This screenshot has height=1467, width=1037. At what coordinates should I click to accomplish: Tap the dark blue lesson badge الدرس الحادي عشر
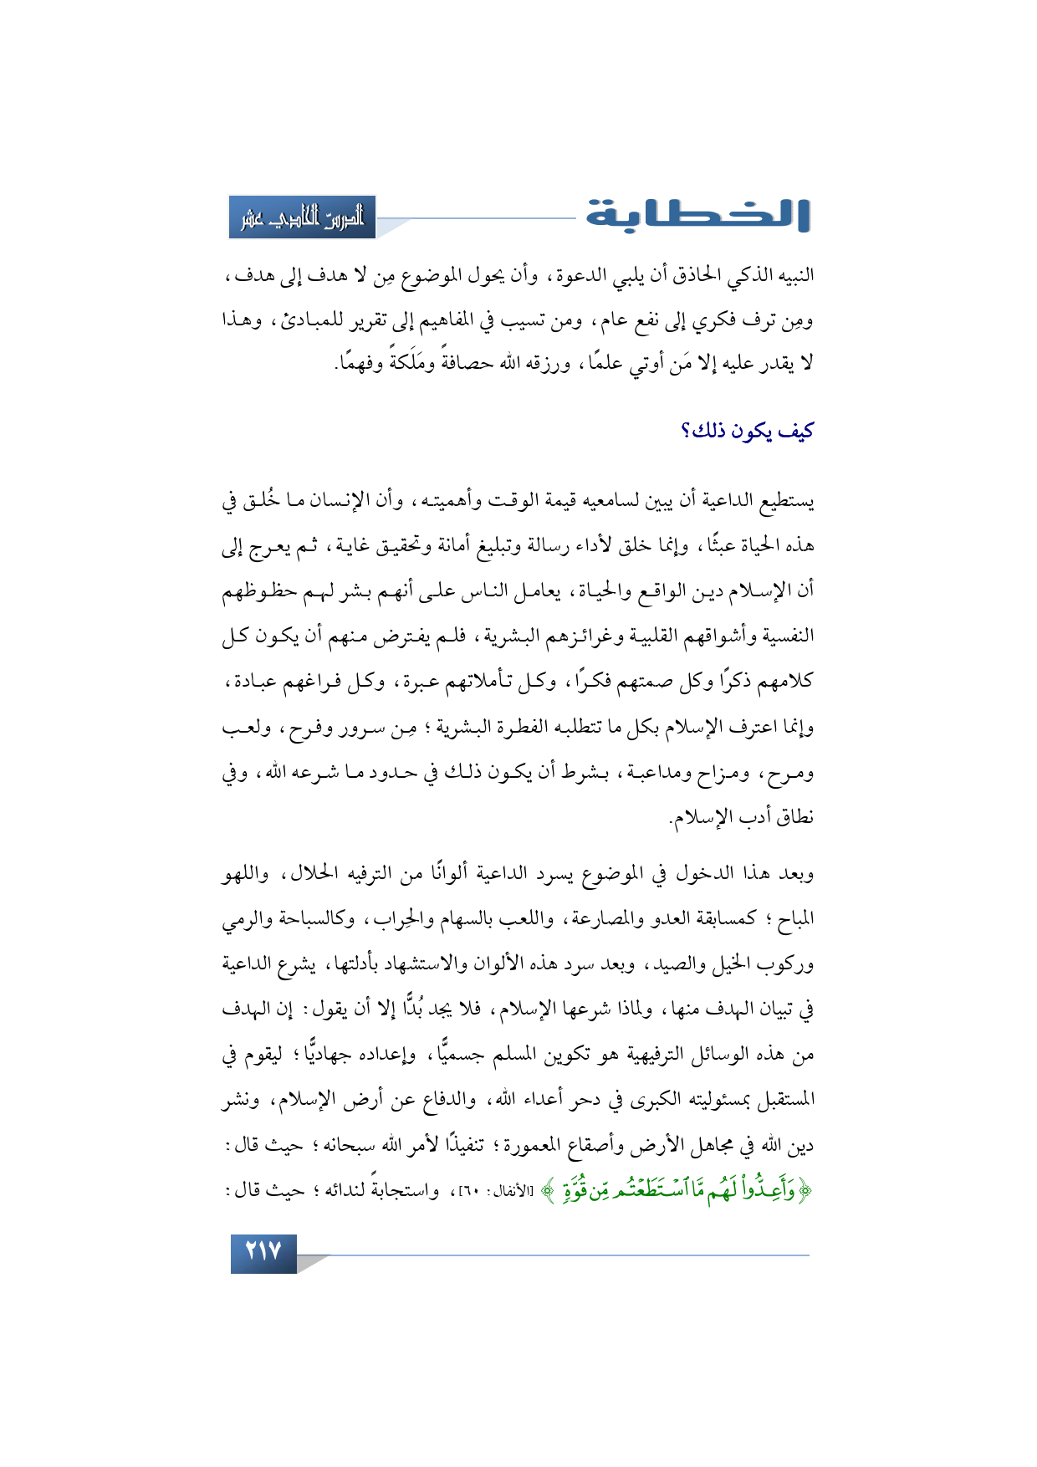pos(303,217)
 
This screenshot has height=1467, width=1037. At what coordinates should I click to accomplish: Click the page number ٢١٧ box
pos(263,1252)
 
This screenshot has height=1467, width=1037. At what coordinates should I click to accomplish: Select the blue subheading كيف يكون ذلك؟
pos(746,432)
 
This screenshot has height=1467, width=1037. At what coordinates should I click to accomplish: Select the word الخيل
pos(736,965)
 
